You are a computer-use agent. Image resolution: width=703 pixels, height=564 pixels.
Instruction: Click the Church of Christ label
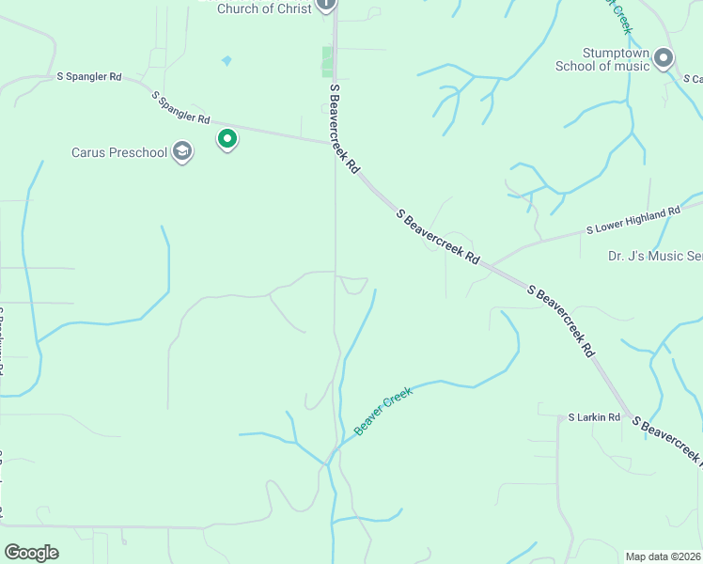[264, 8]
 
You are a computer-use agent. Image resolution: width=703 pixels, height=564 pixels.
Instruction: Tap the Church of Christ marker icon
[325, 5]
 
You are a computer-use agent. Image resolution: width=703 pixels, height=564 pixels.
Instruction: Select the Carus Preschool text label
[119, 152]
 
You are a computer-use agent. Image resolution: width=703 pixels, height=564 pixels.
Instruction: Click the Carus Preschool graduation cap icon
[182, 152]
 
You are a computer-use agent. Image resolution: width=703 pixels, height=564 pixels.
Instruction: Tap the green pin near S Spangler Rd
[227, 139]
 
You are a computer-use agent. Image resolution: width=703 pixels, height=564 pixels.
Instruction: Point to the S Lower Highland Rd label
[633, 221]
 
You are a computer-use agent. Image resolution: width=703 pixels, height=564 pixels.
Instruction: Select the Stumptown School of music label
[601, 59]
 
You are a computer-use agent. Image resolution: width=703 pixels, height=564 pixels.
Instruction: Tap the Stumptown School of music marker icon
[664, 59]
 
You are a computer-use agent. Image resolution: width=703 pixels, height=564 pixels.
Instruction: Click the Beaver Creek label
[383, 412]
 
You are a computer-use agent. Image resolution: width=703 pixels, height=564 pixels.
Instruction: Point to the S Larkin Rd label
[594, 416]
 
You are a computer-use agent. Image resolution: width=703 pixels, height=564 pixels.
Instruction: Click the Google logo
[31, 553]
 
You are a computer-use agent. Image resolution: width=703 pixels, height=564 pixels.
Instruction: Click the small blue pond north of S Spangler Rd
[226, 61]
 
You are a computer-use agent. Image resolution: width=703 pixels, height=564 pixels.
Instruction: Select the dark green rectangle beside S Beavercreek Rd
[327, 61]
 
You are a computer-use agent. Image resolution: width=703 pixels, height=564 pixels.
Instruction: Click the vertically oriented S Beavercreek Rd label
[343, 128]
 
